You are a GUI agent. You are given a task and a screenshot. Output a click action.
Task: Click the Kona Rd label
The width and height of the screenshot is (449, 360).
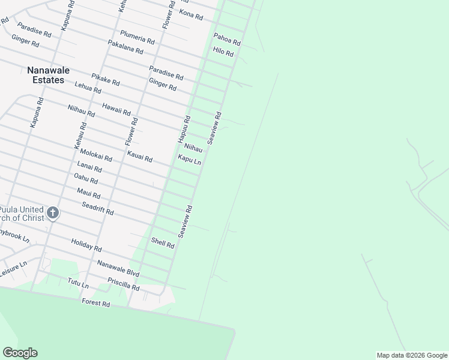coord(191,14)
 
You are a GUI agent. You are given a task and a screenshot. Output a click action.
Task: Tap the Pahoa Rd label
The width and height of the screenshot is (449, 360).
coord(227,40)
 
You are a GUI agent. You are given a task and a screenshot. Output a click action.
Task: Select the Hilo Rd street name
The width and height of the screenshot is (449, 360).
coord(223,52)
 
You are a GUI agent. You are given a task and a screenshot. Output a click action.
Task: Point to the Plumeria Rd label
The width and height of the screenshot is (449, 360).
coord(137,37)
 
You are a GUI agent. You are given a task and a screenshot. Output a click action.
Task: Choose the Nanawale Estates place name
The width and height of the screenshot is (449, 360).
coord(48,75)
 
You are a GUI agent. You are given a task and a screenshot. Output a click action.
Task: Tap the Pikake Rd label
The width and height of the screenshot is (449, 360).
coord(106,79)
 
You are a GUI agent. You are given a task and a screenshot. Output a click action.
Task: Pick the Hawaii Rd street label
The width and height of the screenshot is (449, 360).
coord(116,108)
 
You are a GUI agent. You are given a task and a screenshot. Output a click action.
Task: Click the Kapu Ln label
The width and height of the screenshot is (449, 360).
coord(189,160)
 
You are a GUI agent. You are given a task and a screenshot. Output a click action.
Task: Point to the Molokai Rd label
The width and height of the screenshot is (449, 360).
coord(96,155)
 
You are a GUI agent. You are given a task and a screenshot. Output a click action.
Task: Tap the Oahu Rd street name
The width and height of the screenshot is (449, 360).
coord(86,178)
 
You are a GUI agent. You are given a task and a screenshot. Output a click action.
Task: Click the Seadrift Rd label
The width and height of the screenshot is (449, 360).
coord(98,209)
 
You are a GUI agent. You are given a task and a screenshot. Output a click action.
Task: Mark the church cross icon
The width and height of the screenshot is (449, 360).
coord(53,212)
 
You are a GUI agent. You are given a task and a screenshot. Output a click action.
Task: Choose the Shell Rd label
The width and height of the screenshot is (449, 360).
coord(163,242)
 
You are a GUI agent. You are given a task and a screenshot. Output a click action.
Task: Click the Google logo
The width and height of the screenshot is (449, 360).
coord(20,353)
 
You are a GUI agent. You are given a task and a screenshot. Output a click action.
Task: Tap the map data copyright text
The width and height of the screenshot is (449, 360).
coord(412,355)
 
